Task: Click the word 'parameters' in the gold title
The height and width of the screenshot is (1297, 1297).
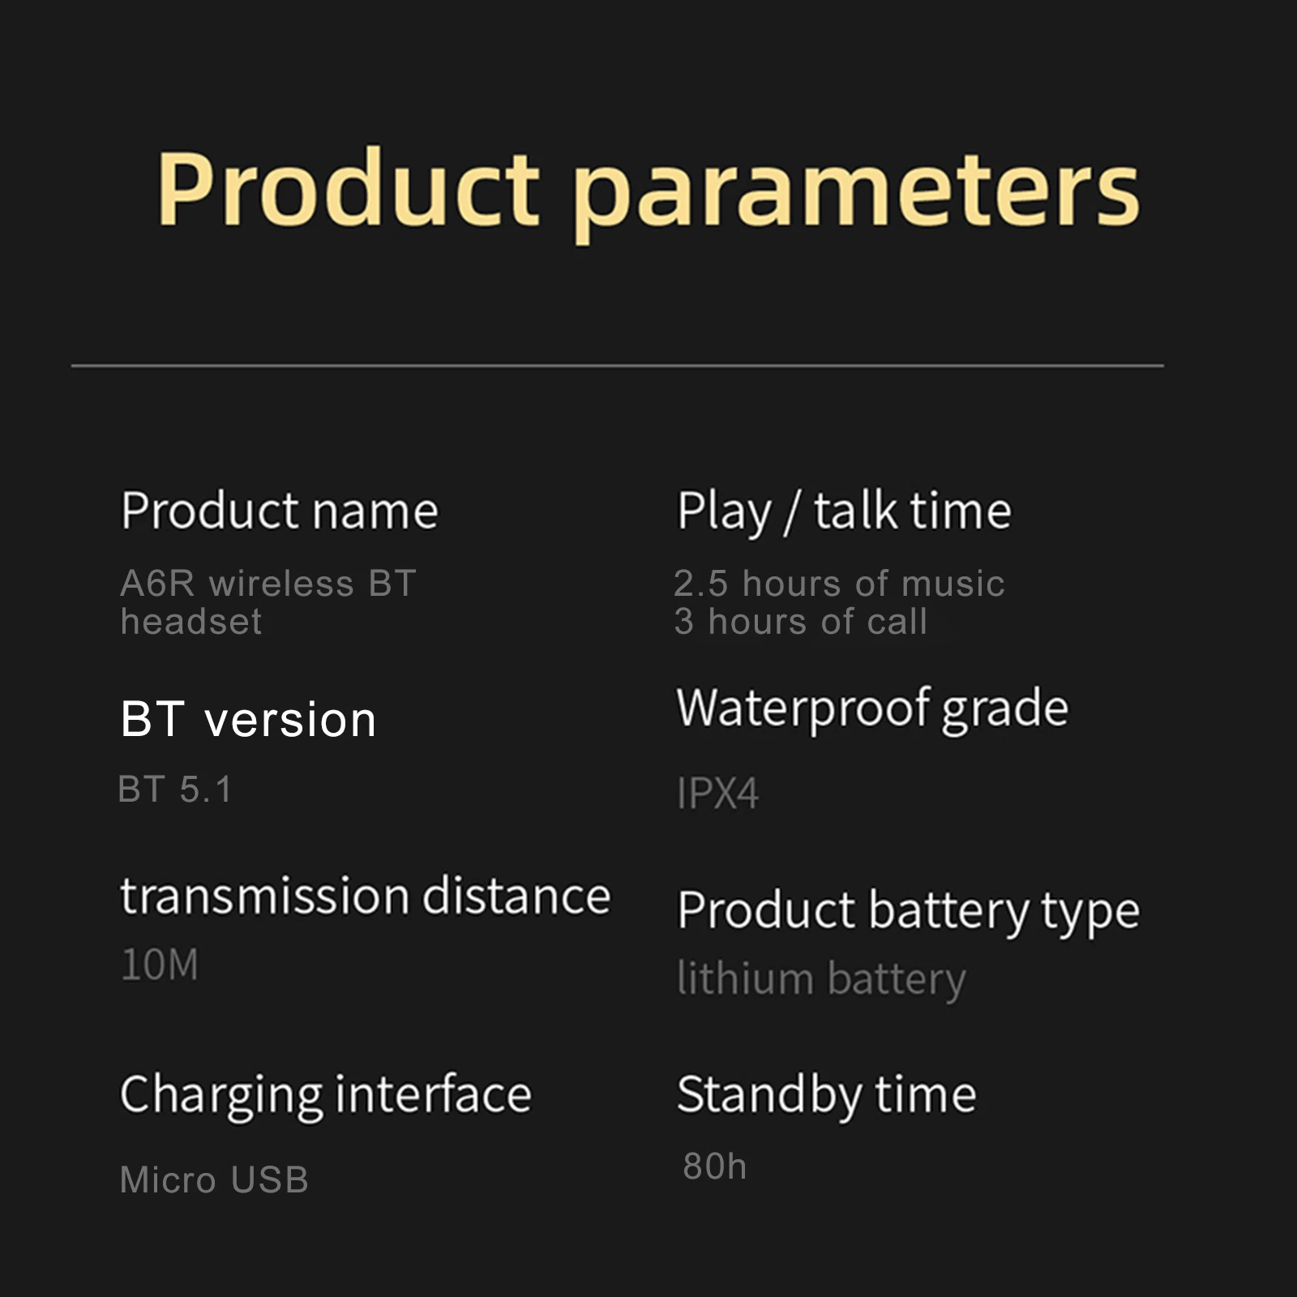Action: coord(857,195)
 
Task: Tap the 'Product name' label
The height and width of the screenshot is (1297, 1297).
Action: coord(280,511)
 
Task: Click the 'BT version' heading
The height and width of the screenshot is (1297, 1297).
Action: coord(248,719)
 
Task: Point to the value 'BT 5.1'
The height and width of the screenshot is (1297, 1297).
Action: coord(175,790)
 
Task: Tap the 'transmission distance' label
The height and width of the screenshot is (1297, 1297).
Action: coord(366,896)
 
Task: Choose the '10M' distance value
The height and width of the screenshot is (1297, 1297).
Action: coord(160,965)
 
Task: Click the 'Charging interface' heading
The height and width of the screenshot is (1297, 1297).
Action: coord(326,1095)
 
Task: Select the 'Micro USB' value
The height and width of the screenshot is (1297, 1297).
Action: coord(214,1180)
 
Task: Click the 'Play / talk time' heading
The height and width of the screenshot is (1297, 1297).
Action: coord(844,512)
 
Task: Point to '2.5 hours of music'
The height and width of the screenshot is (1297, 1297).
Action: coord(839,584)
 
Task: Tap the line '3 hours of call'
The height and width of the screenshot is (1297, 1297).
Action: coord(801,622)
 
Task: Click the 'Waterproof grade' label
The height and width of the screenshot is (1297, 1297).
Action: coord(873,709)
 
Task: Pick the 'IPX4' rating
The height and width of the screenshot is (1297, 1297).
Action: coord(718,793)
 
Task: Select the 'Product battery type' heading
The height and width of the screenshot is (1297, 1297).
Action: coord(909,911)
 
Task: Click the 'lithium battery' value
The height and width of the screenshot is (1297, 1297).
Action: coord(822,979)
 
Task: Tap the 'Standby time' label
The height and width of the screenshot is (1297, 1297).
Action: coord(827,1095)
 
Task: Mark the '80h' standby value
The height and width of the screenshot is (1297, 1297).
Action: coord(715,1166)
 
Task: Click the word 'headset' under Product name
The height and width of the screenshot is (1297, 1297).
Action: coord(191,622)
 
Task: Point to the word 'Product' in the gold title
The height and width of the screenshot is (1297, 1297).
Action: coord(349,188)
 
